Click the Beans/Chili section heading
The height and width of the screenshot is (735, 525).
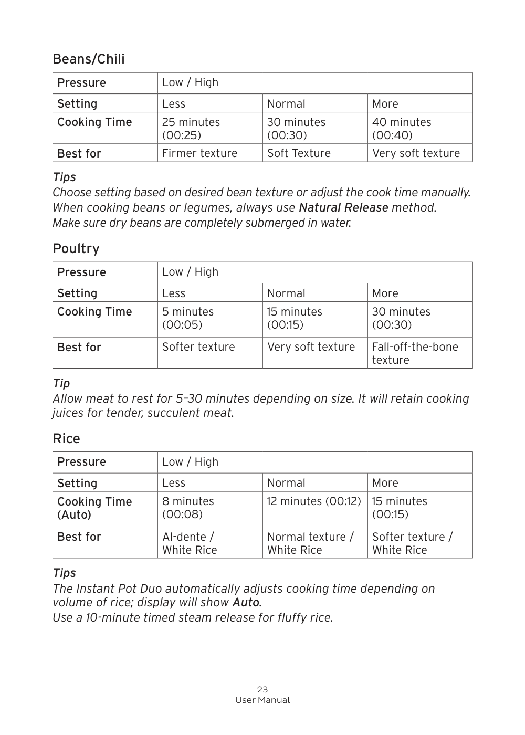point(89,59)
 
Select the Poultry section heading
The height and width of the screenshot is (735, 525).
point(76,248)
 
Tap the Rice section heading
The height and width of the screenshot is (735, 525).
point(66,438)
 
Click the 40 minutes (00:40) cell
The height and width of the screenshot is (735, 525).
point(402,129)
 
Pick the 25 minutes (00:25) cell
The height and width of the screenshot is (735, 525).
point(191,129)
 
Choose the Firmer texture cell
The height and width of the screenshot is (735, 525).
point(199,153)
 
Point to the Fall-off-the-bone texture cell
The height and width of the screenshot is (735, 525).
point(415,353)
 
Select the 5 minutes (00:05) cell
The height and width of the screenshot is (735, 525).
point(188,318)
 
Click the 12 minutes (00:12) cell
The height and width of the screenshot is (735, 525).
point(314,501)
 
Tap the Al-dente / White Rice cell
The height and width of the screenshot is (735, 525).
point(190,543)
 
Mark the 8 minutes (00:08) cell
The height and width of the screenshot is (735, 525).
point(188,508)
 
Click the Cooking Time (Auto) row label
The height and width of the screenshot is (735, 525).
point(94,508)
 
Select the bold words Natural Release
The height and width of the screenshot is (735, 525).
point(343,208)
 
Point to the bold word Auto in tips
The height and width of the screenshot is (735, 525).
point(246,603)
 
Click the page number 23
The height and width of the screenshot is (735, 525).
point(262,689)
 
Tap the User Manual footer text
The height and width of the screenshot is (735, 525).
point(262,700)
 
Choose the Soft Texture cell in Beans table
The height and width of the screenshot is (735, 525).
point(299,153)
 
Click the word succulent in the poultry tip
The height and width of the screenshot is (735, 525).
point(173,413)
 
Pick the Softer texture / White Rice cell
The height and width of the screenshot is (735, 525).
point(412,543)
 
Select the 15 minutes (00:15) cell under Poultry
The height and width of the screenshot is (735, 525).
point(295,318)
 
